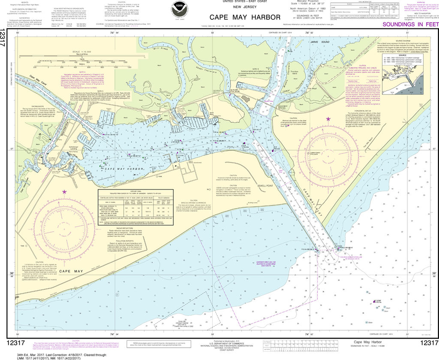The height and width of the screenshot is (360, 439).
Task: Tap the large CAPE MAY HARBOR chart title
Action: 245,18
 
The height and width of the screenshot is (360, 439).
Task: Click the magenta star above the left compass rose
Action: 64,192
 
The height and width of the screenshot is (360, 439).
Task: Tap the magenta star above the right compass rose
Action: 329,119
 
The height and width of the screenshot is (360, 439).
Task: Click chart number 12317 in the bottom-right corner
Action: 429,342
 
